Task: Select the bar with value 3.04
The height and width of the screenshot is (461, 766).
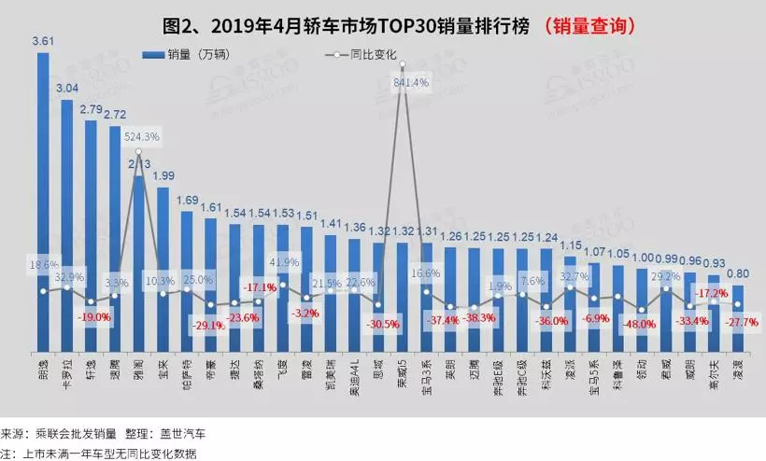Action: pos(66,224)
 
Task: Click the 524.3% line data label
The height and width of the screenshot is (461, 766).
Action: pos(140,136)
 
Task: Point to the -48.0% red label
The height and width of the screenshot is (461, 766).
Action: pos(640,324)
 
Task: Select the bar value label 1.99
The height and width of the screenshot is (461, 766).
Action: pos(163,176)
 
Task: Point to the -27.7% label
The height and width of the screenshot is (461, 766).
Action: pos(740,322)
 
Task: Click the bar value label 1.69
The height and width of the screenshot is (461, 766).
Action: pos(187,200)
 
